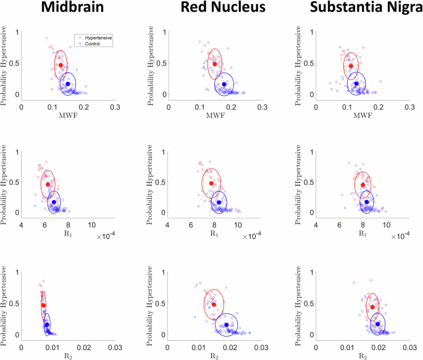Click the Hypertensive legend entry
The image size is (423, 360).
click(x=98, y=38)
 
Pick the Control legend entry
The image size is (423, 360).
click(x=93, y=43)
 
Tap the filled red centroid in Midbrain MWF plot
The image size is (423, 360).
click(x=61, y=65)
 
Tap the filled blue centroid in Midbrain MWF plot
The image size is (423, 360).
click(x=68, y=84)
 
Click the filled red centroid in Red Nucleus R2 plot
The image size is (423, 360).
click(x=214, y=304)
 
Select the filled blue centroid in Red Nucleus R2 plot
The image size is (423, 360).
click(x=227, y=325)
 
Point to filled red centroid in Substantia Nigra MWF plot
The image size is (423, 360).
click(x=351, y=66)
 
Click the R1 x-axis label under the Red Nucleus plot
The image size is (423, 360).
click(x=214, y=233)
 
